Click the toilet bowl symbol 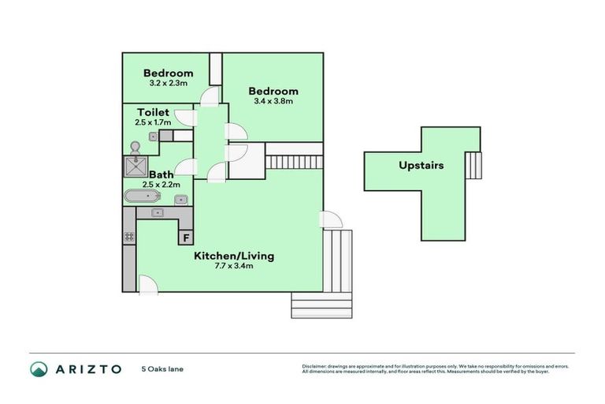point(135,148)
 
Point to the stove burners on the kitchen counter point(128,236)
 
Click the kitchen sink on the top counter point(158,213)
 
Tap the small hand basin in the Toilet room point(153,137)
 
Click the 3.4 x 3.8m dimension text point(273,101)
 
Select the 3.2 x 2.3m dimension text point(167,83)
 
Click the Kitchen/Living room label point(234,256)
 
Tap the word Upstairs point(421,166)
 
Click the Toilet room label point(153,112)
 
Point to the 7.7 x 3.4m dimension point(234,267)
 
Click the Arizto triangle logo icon point(39,368)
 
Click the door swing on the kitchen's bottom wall point(147,283)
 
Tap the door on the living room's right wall point(331,221)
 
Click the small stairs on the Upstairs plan point(473,166)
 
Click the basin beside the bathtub point(180,199)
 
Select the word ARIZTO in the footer point(88,368)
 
